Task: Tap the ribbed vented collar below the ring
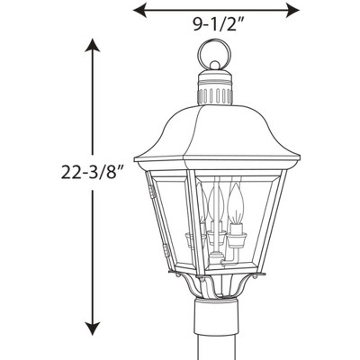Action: [215, 94]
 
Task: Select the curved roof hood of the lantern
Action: [215, 130]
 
